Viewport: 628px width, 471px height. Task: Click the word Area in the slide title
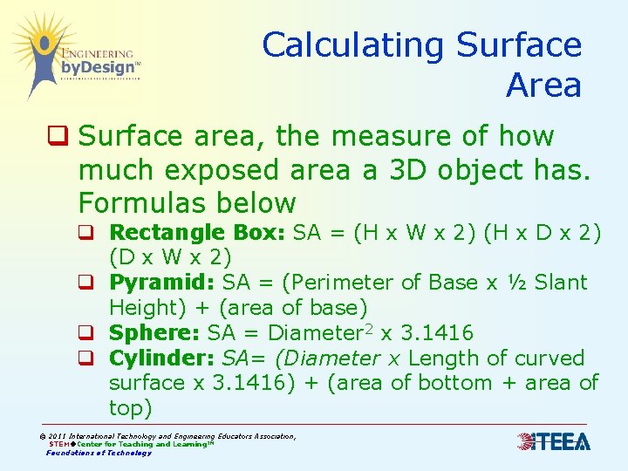(x=543, y=86)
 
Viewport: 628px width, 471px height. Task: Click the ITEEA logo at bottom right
(x=553, y=442)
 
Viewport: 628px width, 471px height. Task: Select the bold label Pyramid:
(x=162, y=283)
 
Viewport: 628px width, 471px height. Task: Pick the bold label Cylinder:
(x=162, y=358)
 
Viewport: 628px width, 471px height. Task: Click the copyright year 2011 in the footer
(x=58, y=436)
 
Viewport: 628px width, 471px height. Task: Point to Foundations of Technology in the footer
(x=99, y=453)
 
